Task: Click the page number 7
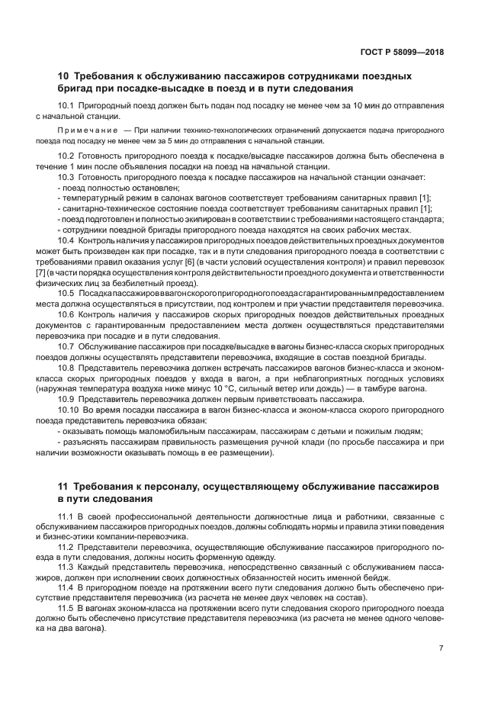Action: click(x=441, y=648)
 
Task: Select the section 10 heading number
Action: click(x=64, y=76)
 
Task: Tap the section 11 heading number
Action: click(x=64, y=486)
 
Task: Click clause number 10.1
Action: click(x=66, y=105)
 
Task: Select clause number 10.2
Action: click(x=66, y=156)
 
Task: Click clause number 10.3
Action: click(x=66, y=176)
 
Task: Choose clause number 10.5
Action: click(x=66, y=293)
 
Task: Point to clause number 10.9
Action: click(x=66, y=400)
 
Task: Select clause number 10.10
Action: click(x=68, y=410)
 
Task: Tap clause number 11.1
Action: click(x=66, y=516)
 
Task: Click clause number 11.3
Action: click(x=66, y=568)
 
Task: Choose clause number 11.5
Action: click(x=66, y=609)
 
